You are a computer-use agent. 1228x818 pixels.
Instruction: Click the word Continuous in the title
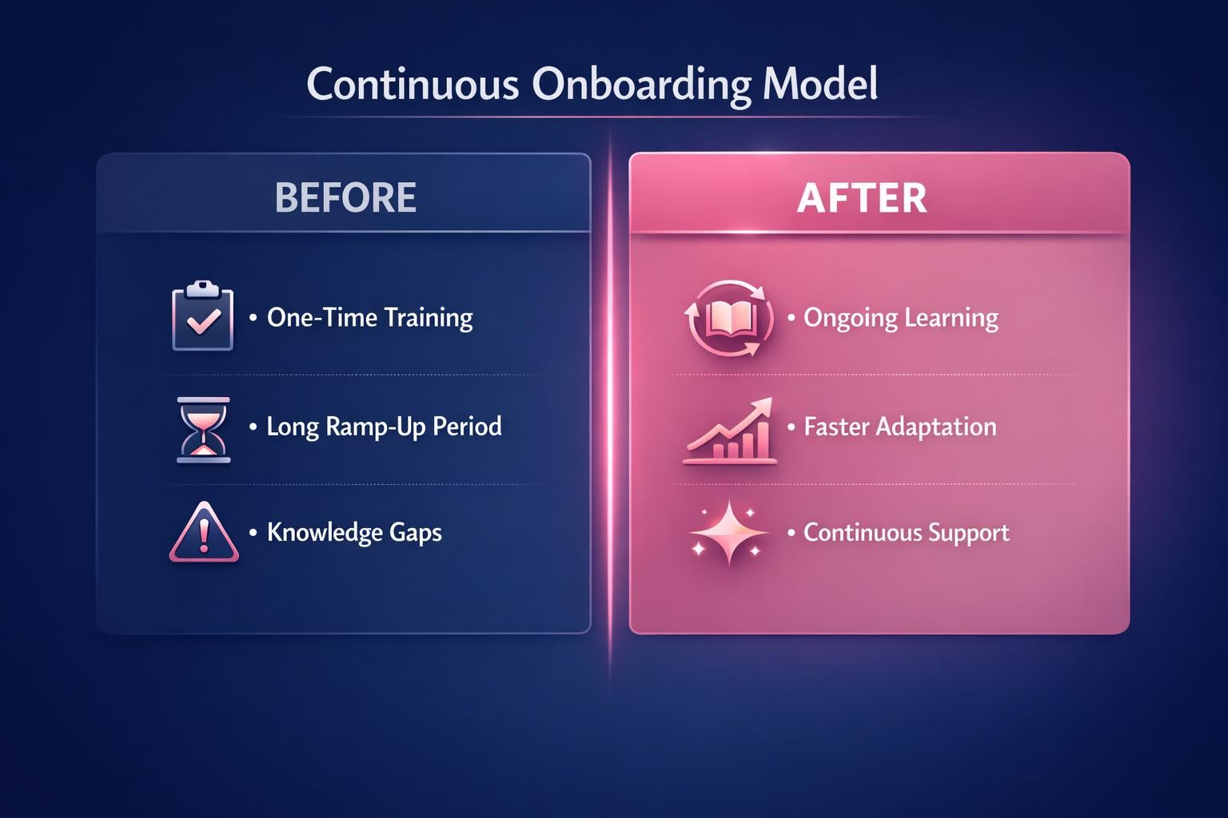[413, 84]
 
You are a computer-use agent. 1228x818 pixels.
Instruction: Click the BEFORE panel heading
[345, 197]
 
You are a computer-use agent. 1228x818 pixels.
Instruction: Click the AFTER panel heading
[862, 197]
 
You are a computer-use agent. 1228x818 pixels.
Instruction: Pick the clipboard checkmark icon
[203, 316]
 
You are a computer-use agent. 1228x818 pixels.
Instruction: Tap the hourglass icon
[203, 429]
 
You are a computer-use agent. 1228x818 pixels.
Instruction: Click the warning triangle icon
[204, 533]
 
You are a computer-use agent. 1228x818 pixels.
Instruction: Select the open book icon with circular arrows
[728, 318]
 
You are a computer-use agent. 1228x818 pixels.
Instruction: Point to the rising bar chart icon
[730, 431]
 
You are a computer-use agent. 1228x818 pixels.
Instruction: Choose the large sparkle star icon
[728, 532]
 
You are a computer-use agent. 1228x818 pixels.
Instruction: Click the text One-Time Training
[369, 317]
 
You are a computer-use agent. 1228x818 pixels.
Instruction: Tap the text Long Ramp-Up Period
[384, 426]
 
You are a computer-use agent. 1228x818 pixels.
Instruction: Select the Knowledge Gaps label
[354, 533]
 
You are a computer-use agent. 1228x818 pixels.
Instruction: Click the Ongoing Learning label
[900, 318]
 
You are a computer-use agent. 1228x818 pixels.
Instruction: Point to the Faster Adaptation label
[899, 427]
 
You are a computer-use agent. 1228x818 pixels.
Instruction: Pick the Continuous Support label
[906, 533]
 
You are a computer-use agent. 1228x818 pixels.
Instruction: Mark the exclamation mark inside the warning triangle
[204, 536]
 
